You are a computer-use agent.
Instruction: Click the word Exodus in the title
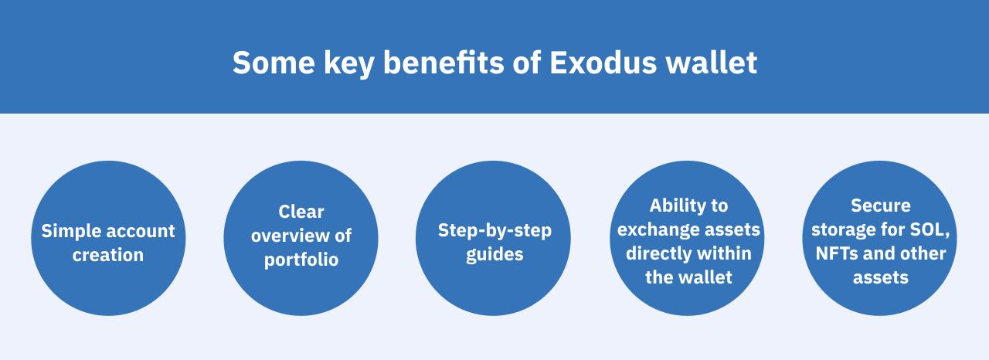603,63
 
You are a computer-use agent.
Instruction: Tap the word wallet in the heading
712,63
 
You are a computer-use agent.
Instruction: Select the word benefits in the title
444,63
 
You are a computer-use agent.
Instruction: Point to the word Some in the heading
274,63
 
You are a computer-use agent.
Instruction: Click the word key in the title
348,64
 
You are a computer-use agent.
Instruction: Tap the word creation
108,255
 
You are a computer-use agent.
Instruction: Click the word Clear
301,212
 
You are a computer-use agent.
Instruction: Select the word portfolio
301,260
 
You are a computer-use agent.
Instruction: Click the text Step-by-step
495,231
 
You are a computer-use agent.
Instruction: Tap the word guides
495,255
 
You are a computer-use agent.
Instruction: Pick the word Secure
881,205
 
